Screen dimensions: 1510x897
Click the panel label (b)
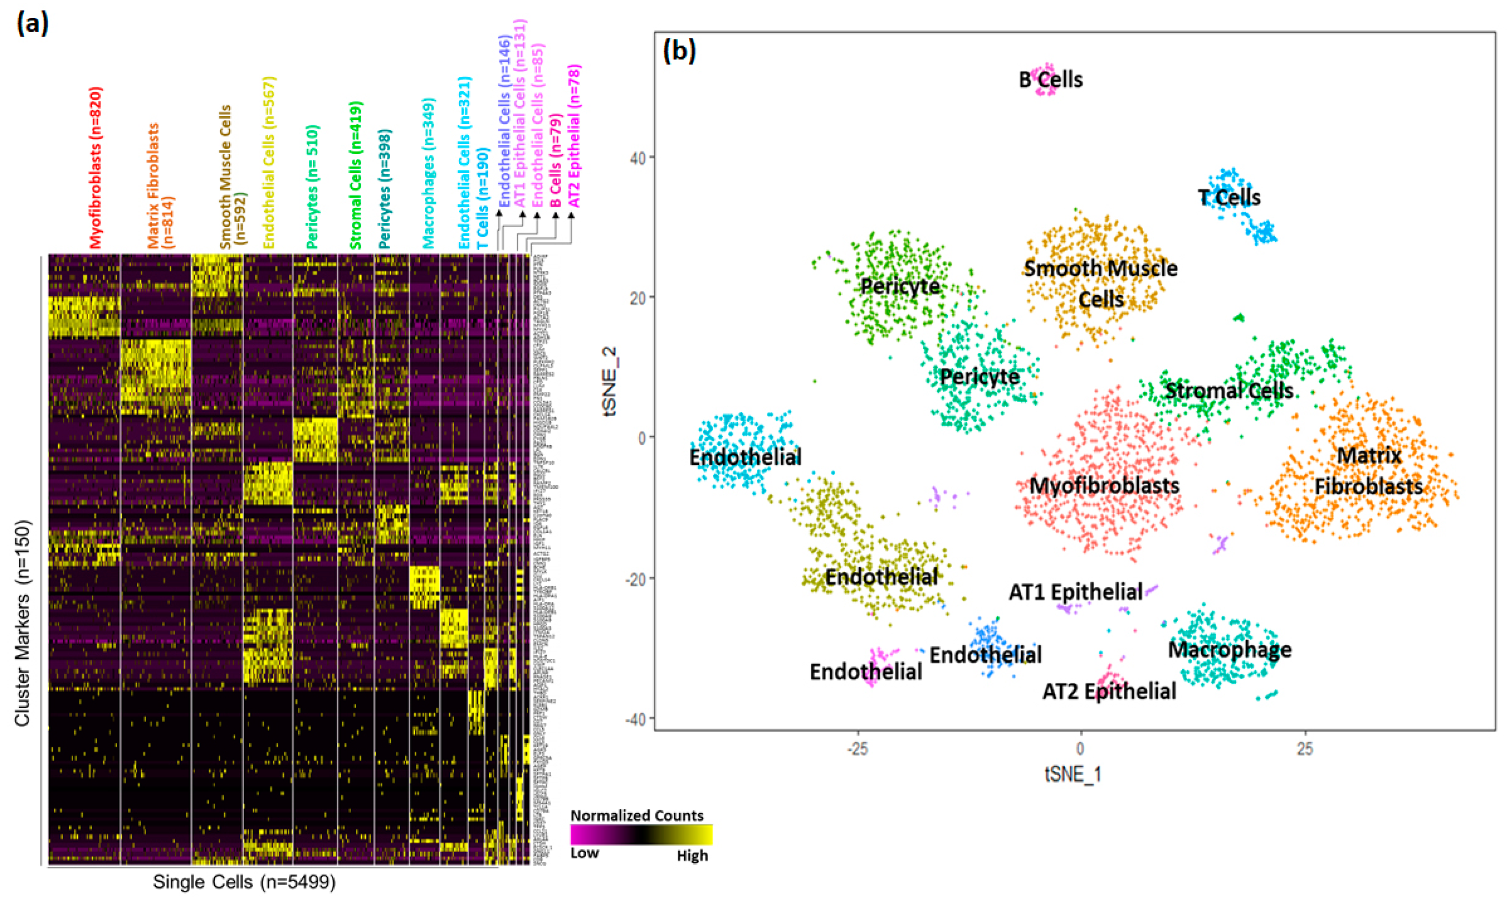pyautogui.click(x=680, y=52)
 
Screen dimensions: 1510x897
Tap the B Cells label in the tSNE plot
pyautogui.click(x=1051, y=79)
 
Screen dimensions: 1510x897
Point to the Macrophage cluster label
pyautogui.click(x=1230, y=650)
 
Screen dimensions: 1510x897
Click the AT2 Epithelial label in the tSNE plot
pyautogui.click(x=1109, y=691)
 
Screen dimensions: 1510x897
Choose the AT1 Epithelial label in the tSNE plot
pyautogui.click(x=1076, y=592)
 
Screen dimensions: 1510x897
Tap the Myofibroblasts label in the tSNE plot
pyautogui.click(x=1105, y=486)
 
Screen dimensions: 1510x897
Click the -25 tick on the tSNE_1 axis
pyautogui.click(x=857, y=749)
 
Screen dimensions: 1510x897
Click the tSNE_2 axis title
pyautogui.click(x=611, y=381)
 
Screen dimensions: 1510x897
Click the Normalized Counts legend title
pyautogui.click(x=636, y=815)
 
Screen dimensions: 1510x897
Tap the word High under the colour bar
pyautogui.click(x=692, y=856)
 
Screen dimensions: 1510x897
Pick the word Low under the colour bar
pyautogui.click(x=584, y=853)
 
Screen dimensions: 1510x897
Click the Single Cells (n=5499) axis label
pyautogui.click(x=244, y=882)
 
